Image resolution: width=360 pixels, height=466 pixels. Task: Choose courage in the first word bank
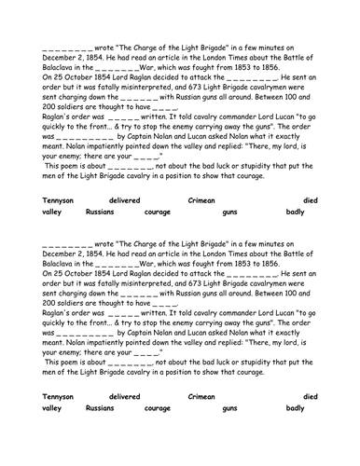tap(158, 212)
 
